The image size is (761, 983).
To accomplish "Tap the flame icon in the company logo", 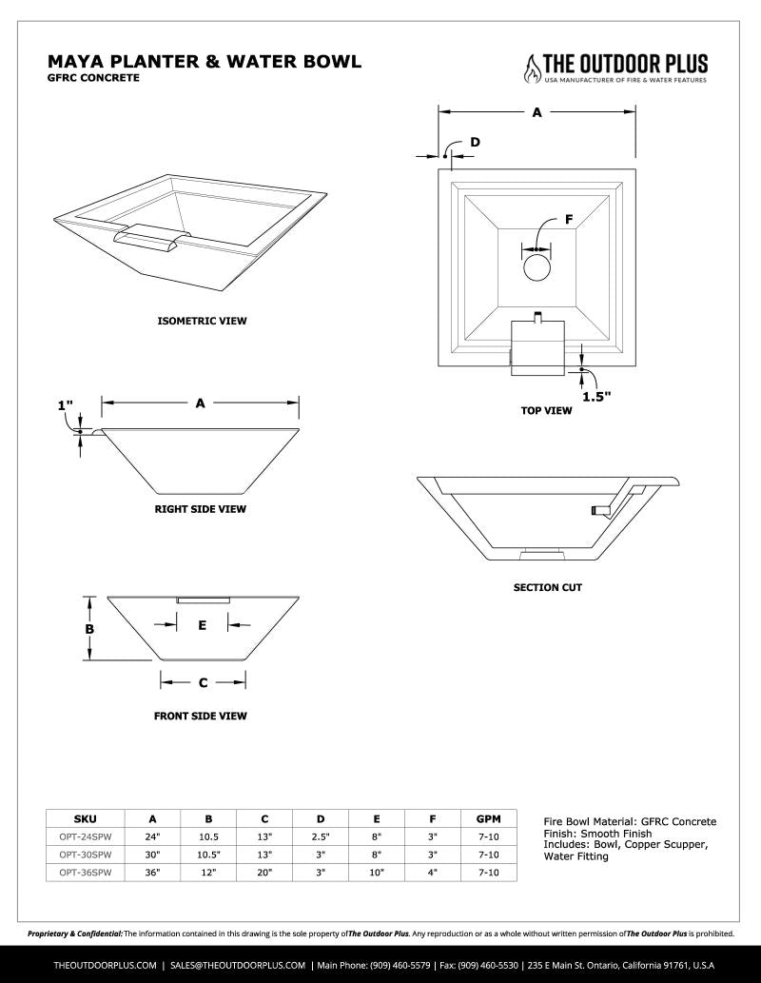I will tap(531, 66).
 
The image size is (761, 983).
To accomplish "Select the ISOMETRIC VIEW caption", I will tap(202, 321).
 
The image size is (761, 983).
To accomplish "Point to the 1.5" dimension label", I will tap(595, 397).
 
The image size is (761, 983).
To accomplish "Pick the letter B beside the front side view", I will tap(89, 629).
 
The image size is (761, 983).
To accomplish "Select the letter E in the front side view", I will tap(202, 625).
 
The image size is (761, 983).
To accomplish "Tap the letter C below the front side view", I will tap(203, 682).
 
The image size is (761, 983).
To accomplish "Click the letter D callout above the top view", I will tap(475, 142).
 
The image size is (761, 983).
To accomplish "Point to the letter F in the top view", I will tap(569, 220).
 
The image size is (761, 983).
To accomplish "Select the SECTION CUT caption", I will tap(547, 587).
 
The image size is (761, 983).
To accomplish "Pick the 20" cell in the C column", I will tap(264, 871).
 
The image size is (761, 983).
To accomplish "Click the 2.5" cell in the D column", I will tap(321, 836).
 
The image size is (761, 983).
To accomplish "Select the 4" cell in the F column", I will tap(432, 871).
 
